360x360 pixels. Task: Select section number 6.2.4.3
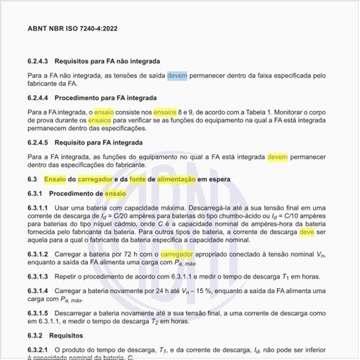click(40, 61)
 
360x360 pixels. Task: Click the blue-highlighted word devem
click(177, 75)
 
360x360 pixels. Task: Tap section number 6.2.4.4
click(40, 97)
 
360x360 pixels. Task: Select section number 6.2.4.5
click(40, 143)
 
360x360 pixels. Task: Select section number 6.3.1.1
click(38, 207)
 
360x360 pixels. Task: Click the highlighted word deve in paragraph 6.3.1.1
click(306, 233)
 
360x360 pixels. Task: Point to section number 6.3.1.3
click(38, 277)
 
